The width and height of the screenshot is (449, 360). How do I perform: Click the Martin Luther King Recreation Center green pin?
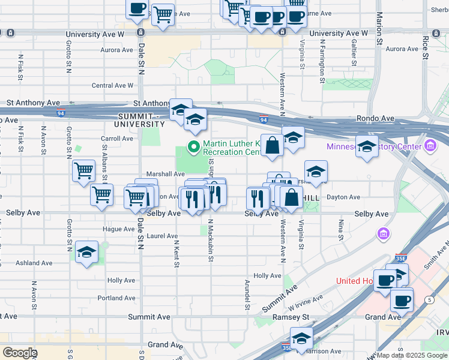pyautogui.click(x=194, y=146)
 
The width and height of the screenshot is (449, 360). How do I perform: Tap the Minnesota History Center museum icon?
pyautogui.click(x=430, y=146)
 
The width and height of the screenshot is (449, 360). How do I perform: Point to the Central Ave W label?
pyautogui.click(x=112, y=86)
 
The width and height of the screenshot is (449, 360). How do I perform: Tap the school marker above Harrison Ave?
pyautogui.click(x=301, y=338)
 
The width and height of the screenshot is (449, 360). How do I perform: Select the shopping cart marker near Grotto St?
pyautogui.click(x=83, y=171)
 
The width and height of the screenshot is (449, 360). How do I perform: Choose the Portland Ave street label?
pyautogui.click(x=117, y=298)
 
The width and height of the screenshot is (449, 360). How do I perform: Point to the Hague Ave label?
pyautogui.click(x=118, y=229)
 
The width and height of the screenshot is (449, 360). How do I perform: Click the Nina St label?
pyautogui.click(x=340, y=229)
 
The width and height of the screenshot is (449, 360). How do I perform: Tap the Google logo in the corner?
pyautogui.click(x=19, y=353)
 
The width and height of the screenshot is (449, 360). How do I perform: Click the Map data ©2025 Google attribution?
pyautogui.click(x=412, y=355)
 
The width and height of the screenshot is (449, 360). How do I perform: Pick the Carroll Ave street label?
pyautogui.click(x=117, y=139)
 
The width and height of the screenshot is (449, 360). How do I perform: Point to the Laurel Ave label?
pyautogui.click(x=163, y=236)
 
